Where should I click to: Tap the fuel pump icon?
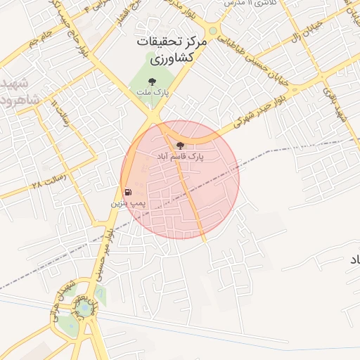coord(128,192)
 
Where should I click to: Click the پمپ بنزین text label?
coord(128,202)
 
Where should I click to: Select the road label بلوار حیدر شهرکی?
coord(243,117)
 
